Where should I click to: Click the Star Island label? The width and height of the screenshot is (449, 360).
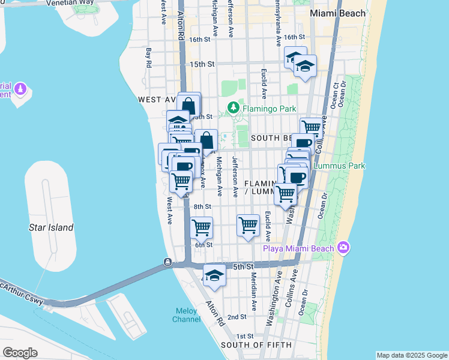(51, 227)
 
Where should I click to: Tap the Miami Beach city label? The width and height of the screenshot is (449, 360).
(337, 13)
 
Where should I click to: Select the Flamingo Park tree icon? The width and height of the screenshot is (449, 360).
(234, 109)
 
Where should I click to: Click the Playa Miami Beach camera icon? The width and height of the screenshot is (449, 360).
(343, 247)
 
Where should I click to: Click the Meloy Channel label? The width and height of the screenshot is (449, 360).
(187, 315)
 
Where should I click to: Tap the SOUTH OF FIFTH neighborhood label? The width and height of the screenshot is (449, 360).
(256, 345)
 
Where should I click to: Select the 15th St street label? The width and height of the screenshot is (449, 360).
(202, 64)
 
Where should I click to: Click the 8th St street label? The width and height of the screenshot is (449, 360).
(203, 206)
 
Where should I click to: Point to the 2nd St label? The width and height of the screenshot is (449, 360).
(237, 317)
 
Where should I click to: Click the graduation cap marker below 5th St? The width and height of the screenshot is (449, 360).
(214, 275)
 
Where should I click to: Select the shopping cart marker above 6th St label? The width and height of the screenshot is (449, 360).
(201, 227)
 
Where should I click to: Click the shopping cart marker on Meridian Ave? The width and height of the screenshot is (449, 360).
(248, 226)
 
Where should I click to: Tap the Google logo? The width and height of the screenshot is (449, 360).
(20, 352)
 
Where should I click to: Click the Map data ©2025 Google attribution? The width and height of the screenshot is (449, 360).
(412, 355)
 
